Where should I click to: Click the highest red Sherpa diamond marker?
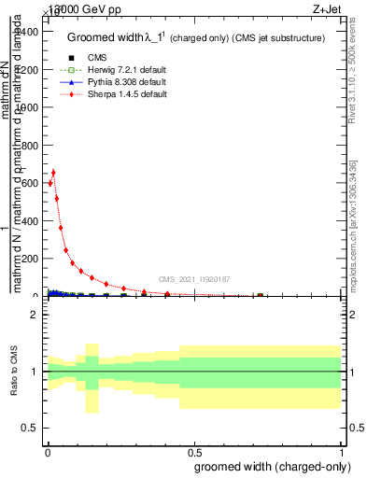pyautogui.click(x=53, y=173)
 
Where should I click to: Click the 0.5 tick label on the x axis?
pyautogui.click(x=194, y=451)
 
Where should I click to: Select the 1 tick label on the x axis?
pyautogui.click(x=343, y=451)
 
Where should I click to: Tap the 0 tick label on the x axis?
pyautogui.click(x=47, y=451)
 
